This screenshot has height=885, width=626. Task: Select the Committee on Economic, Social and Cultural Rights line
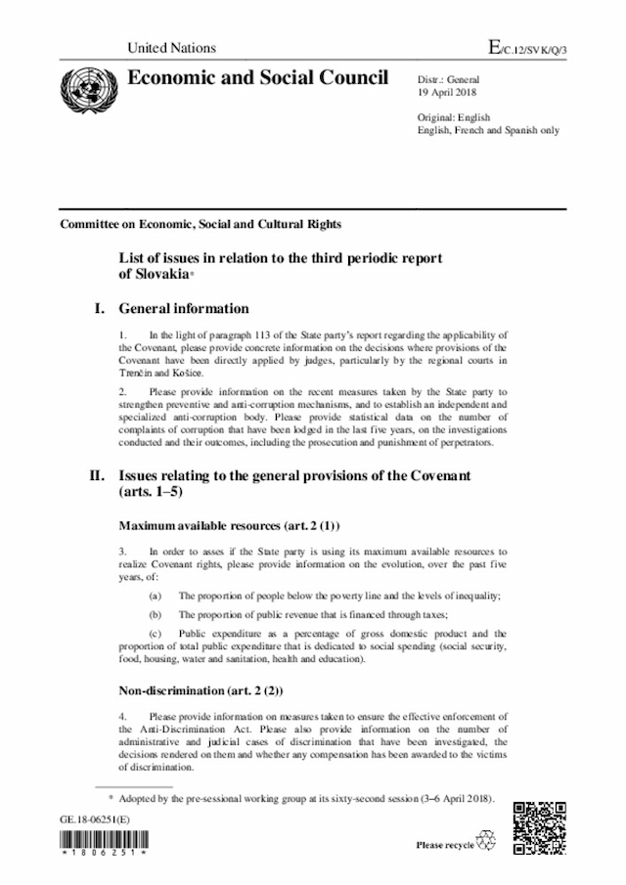[x=201, y=224]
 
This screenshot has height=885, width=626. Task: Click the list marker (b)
[x=155, y=614]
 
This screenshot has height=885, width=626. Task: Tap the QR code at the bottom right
[x=540, y=827]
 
